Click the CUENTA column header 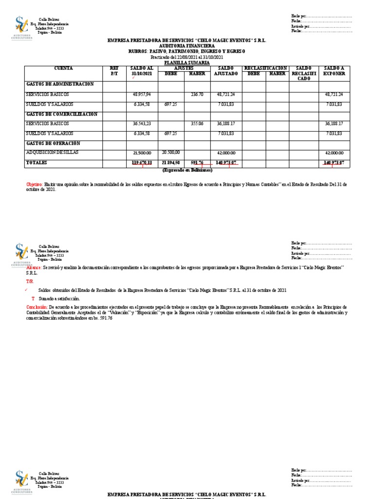click(63, 68)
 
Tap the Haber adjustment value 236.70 click(197, 94)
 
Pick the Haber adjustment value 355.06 click(197, 124)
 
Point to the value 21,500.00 click(142, 153)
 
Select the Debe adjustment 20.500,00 click(170, 152)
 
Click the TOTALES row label click(37, 162)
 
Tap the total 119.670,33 click(142, 163)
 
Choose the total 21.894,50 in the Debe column click(170, 163)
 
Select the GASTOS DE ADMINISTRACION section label click(60, 84)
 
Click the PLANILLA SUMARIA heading click(187, 63)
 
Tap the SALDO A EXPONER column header click(335, 71)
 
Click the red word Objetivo click(34, 185)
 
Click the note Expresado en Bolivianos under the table click(187, 171)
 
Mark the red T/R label click(30, 282)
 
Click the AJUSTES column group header click(184, 68)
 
